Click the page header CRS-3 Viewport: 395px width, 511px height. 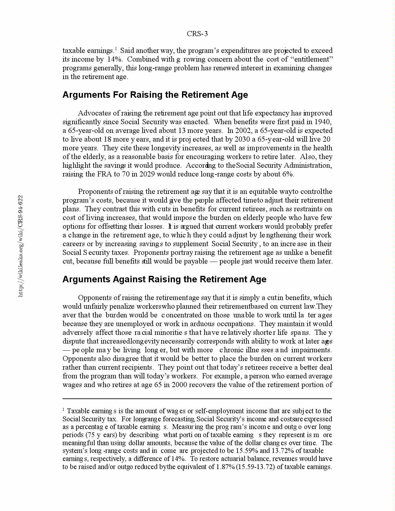point(197,34)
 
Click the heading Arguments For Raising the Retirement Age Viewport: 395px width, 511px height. point(155,95)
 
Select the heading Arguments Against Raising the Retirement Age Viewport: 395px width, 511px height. point(164,279)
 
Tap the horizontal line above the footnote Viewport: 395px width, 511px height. point(197,399)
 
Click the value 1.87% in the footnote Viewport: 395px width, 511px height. point(225,467)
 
